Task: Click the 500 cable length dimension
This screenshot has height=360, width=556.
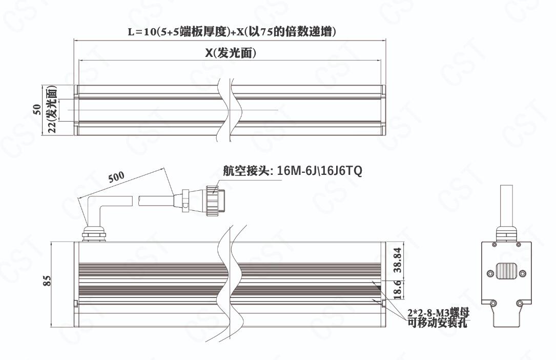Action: (x=116, y=177)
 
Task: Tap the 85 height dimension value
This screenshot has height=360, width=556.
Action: (x=47, y=281)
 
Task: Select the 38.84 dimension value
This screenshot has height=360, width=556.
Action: (x=398, y=260)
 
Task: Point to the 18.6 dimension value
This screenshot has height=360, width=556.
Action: (x=398, y=289)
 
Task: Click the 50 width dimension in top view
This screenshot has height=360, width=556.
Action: (x=36, y=109)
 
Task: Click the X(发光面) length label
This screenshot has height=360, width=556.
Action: (x=231, y=53)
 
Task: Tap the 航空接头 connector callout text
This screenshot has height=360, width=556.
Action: (x=293, y=171)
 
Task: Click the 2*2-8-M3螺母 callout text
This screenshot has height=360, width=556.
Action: (x=439, y=313)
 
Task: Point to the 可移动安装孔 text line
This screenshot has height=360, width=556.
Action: (x=437, y=323)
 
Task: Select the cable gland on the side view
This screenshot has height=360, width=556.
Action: (x=94, y=234)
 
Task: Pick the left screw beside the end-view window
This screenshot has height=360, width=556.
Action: (x=490, y=273)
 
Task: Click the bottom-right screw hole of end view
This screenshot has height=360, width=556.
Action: (x=520, y=303)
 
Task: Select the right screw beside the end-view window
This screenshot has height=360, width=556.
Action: (x=522, y=273)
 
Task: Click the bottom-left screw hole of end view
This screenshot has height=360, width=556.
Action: (x=493, y=303)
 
